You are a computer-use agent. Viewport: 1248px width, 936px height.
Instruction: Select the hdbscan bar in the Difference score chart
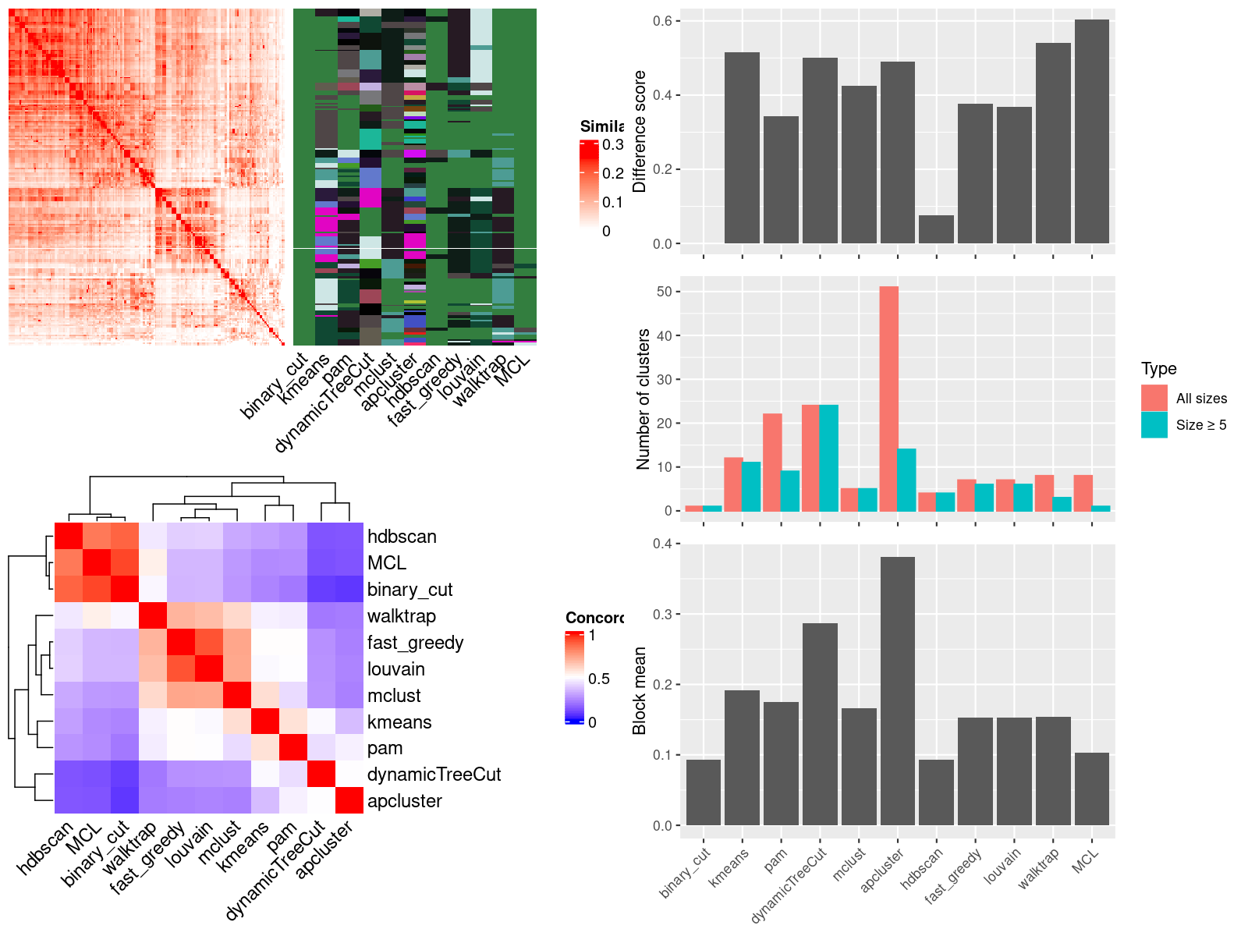pyautogui.click(x=936, y=229)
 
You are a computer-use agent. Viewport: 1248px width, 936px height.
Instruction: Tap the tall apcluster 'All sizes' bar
pyautogui.click(x=888, y=399)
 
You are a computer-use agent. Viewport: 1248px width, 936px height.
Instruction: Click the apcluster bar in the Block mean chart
pyautogui.click(x=898, y=691)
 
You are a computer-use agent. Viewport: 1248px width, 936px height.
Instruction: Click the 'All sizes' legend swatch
pyautogui.click(x=1154, y=398)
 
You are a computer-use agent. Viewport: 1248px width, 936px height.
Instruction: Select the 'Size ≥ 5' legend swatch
pyautogui.click(x=1154, y=424)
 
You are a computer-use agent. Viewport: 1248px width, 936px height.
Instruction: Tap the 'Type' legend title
pyautogui.click(x=1159, y=369)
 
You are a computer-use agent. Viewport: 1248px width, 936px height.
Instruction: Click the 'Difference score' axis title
pyautogui.click(x=640, y=131)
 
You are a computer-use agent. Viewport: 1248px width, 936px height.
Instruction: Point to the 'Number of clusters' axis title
pyautogui.click(x=643, y=399)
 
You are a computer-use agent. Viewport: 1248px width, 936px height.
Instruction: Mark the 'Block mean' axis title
pyautogui.click(x=640, y=690)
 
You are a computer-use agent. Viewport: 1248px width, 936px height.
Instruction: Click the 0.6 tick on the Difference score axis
pyautogui.click(x=662, y=21)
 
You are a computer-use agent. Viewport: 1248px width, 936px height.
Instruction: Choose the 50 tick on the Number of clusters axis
pyautogui.click(x=664, y=292)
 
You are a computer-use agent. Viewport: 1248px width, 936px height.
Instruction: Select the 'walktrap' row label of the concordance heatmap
pyautogui.click(x=402, y=616)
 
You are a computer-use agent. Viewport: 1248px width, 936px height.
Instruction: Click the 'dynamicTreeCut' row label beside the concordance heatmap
pyautogui.click(x=434, y=775)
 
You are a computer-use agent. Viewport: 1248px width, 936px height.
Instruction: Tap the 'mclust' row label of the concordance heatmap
pyautogui.click(x=394, y=696)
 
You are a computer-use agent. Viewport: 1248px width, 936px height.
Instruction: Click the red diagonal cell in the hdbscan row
pyautogui.click(x=68, y=536)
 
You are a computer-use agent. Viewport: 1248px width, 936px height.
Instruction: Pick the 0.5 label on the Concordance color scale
pyautogui.click(x=599, y=679)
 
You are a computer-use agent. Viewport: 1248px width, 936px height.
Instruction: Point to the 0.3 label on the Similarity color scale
pyautogui.click(x=613, y=145)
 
